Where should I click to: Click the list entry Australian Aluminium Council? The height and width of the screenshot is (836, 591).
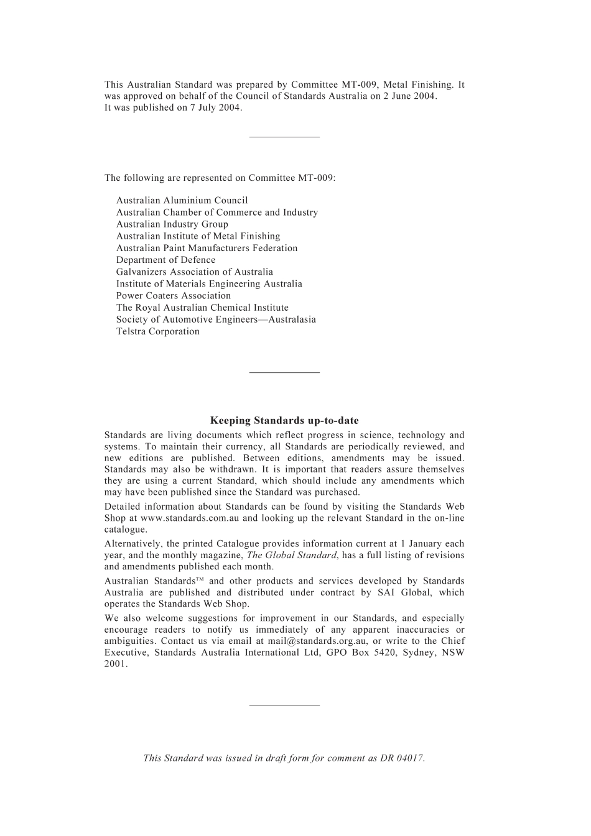click(x=182, y=200)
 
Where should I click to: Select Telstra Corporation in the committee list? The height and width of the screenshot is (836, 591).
click(x=157, y=331)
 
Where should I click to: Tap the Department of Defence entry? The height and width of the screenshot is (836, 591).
click(x=165, y=260)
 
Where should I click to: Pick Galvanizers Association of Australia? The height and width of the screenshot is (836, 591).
click(x=194, y=272)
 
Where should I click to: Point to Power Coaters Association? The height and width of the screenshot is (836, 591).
click(x=173, y=296)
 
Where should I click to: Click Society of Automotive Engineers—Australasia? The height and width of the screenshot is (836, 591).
click(x=215, y=319)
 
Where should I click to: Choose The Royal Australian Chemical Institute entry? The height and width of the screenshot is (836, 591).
click(x=202, y=308)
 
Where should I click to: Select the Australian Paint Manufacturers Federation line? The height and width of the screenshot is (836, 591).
click(x=207, y=248)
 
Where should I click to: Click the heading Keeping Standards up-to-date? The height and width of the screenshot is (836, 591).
click(x=284, y=421)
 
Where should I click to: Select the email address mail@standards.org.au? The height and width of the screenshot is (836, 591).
click(x=313, y=641)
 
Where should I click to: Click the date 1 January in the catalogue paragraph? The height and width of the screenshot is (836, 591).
click(x=421, y=544)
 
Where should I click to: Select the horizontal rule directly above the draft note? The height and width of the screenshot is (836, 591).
click(x=284, y=705)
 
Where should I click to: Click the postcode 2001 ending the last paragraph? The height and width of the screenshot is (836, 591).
click(x=115, y=664)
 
